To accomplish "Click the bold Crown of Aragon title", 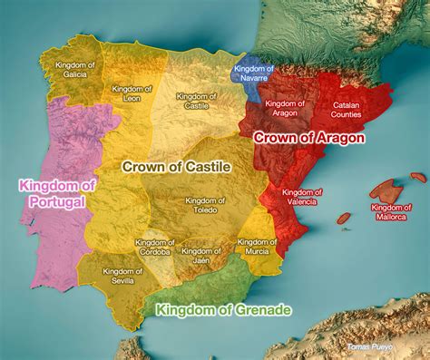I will (x=308, y=138).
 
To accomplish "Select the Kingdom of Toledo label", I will (x=201, y=205).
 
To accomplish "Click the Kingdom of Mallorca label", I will (x=392, y=211).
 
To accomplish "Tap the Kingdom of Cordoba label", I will (x=154, y=247).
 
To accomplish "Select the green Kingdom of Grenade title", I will (x=223, y=310).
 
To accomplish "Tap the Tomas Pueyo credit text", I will (x=370, y=347).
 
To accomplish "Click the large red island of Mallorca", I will (x=386, y=191).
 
